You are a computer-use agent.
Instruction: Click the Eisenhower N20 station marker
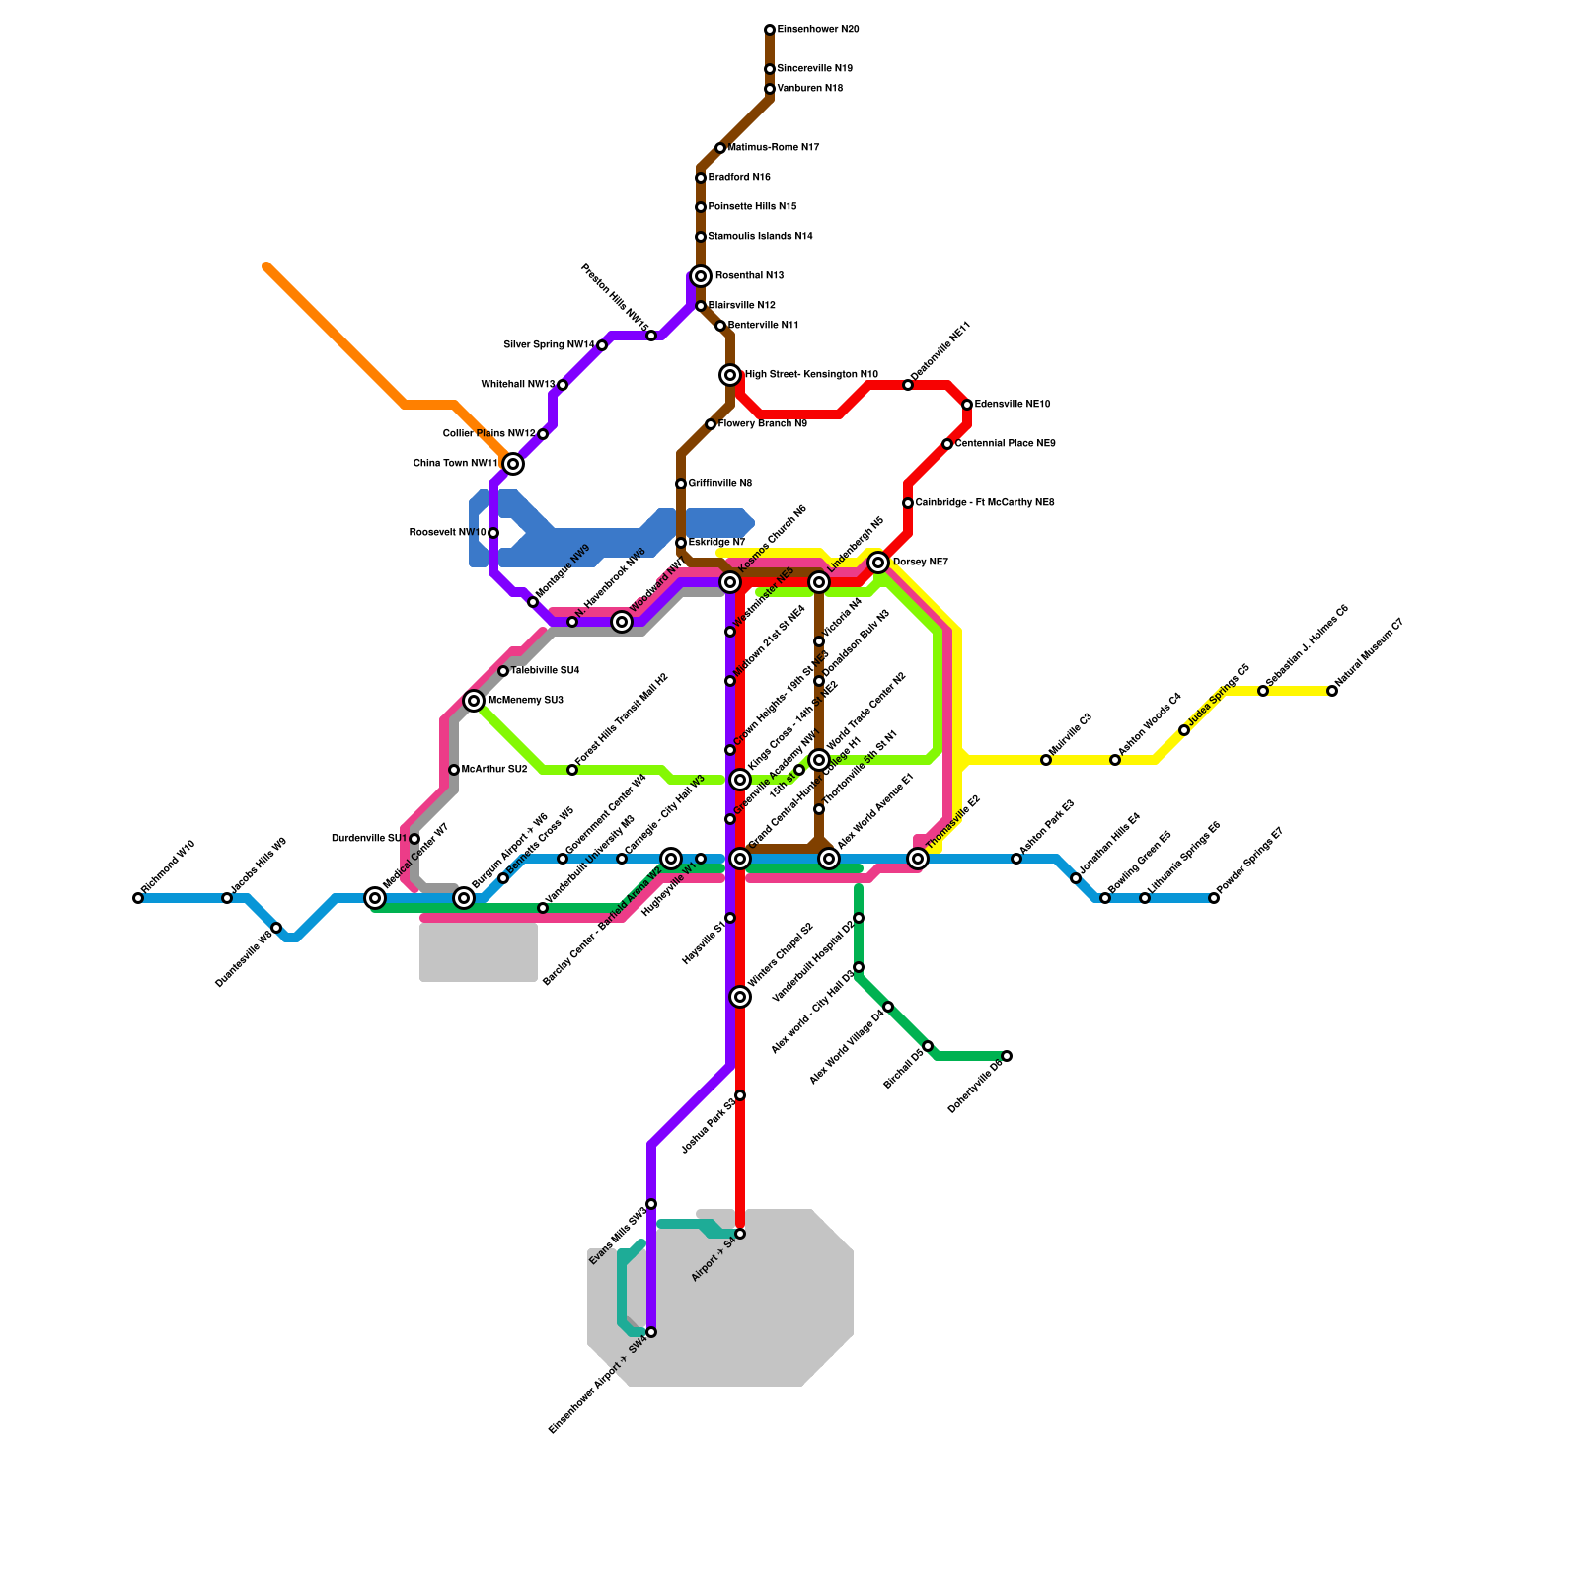point(770,30)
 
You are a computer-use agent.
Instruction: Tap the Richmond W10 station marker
point(138,898)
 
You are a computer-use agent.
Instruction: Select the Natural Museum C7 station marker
point(1332,691)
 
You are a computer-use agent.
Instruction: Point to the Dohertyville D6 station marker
point(1007,1056)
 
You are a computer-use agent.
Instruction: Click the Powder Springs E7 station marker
point(1214,898)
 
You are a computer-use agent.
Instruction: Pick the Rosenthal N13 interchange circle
point(701,276)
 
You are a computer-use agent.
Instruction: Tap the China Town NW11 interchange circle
point(513,464)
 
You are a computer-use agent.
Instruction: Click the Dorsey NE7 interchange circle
point(878,563)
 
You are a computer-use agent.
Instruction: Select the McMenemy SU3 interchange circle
point(474,701)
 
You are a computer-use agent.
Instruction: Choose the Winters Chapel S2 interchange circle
point(740,997)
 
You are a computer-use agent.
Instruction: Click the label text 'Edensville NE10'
point(1013,405)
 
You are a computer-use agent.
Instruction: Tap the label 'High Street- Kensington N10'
point(811,375)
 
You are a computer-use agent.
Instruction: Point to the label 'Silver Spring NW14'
point(550,345)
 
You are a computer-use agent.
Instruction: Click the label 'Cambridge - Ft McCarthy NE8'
point(985,503)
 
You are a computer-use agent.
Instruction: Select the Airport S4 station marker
point(740,1234)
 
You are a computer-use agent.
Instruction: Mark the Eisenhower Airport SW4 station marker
point(651,1332)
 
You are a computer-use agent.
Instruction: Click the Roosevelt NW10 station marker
point(493,533)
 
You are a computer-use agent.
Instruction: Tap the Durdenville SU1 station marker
point(414,839)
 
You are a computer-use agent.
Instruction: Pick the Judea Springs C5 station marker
point(1184,730)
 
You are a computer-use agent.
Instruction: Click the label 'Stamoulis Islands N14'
point(761,237)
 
